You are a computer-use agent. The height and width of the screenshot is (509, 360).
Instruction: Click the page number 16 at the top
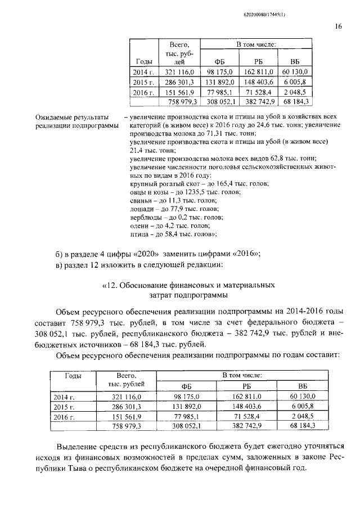click(x=338, y=26)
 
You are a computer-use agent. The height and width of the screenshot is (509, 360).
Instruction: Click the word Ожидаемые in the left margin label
click(x=55, y=117)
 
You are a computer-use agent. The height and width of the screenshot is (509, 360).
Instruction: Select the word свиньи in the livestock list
click(x=140, y=200)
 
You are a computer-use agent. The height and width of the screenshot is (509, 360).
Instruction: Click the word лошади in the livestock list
click(x=141, y=209)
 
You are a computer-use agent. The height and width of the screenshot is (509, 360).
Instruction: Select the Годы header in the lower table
click(x=73, y=375)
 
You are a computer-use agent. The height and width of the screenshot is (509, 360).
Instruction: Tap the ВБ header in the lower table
click(x=302, y=386)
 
